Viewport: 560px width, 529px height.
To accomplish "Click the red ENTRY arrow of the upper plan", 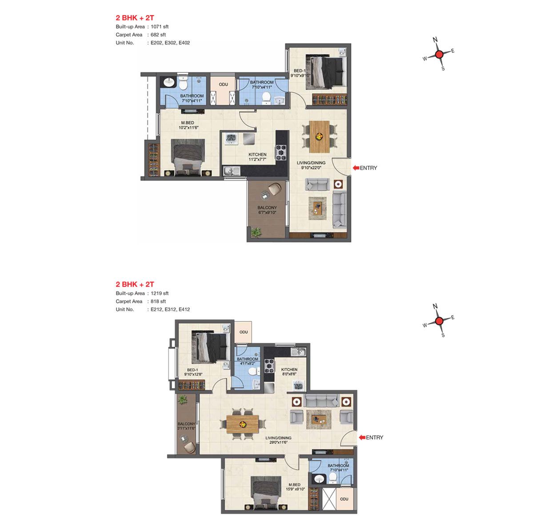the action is tap(356, 168).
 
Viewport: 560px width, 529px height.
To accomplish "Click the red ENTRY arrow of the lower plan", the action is tap(362, 437).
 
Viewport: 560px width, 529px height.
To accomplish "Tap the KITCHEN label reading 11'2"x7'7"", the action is tap(257, 157).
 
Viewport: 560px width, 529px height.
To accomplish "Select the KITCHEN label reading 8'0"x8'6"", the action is tap(289, 372).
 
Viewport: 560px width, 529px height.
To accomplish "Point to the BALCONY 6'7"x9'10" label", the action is tap(267, 210).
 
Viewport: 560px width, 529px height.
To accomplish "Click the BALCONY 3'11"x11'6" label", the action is tap(186, 426).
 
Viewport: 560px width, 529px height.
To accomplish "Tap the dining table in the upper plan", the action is tap(319, 136).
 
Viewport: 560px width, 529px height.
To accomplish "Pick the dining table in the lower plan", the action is tap(243, 424).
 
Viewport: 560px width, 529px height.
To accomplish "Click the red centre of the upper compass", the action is tap(439, 54).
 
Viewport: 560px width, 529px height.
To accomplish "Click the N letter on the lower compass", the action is tap(435, 306).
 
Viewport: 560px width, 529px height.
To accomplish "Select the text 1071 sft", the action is tap(160, 27).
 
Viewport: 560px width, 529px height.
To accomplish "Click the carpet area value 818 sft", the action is tap(158, 301).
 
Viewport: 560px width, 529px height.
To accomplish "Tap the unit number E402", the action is tap(184, 43).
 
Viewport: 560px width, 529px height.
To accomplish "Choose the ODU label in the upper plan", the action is tap(223, 84).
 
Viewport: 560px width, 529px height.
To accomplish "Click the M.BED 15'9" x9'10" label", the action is tap(295, 487).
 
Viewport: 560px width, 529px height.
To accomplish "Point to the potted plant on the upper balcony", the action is tap(256, 232).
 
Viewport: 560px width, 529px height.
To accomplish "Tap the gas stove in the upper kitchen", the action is tap(281, 152).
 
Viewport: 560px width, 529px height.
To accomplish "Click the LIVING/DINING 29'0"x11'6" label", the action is tap(278, 440).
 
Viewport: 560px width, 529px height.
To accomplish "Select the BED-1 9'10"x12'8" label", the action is tap(193, 372).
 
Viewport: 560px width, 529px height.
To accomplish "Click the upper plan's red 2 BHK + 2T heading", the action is tap(135, 18).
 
